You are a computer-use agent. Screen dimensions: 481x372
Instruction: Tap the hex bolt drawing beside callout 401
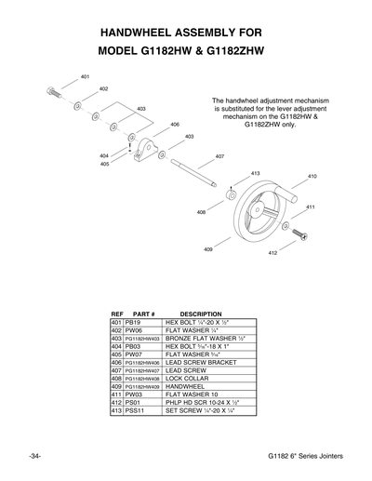(x=54, y=92)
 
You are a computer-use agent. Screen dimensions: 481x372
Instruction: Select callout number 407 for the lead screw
(x=219, y=156)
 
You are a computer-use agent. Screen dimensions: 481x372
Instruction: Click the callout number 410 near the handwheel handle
(x=312, y=176)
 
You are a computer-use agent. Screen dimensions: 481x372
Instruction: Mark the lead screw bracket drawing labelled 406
(x=146, y=147)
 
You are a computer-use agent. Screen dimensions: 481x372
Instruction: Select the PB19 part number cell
(x=132, y=321)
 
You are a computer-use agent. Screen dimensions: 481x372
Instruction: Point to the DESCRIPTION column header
(x=201, y=314)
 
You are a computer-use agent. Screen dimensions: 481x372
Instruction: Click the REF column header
(x=117, y=314)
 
